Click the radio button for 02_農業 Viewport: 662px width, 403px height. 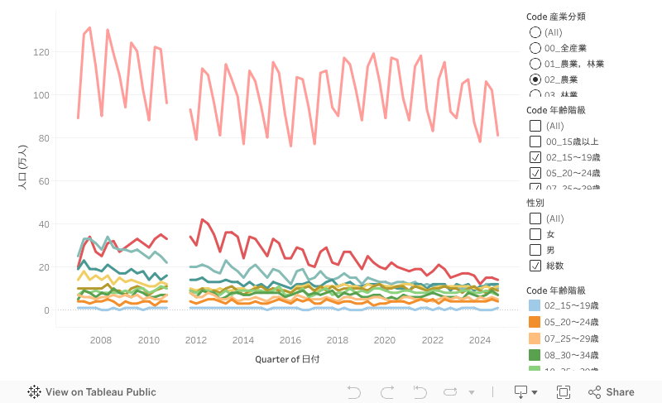click(535, 79)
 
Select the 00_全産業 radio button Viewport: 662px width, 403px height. click(535, 48)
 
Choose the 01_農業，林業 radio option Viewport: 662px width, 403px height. click(535, 64)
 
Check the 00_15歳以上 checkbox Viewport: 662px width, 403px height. click(535, 142)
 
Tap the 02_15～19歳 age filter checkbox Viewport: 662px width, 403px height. click(535, 157)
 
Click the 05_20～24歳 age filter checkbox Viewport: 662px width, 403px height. click(535, 173)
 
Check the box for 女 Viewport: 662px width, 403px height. click(535, 234)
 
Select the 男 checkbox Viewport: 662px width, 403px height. click(535, 250)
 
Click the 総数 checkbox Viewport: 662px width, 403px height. click(535, 266)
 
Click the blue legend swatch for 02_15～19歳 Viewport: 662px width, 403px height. click(535, 306)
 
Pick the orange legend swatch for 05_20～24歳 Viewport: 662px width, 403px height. click(535, 322)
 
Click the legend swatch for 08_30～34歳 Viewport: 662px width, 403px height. click(535, 354)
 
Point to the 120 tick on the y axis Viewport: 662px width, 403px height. click(41, 52)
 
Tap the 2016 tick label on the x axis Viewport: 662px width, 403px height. click(290, 340)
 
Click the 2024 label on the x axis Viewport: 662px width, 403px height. click(479, 340)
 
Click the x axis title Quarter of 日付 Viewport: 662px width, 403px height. click(288, 359)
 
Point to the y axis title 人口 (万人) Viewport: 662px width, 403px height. click(22, 168)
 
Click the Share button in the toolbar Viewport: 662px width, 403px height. click(612, 392)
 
